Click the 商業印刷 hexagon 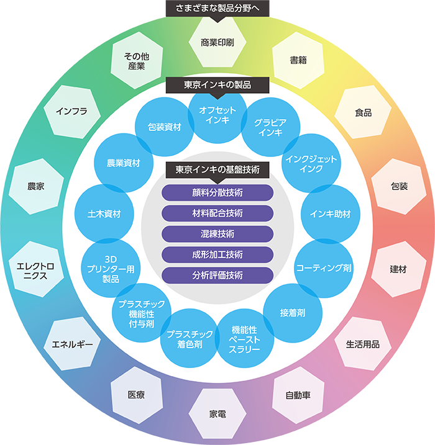(217, 42)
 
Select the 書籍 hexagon (298, 60)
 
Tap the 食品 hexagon (363, 112)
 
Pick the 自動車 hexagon (298, 395)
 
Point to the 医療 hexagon (137, 395)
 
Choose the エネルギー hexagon (72, 344)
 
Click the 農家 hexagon (36, 186)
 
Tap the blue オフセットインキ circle (217, 115)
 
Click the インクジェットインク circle (311, 163)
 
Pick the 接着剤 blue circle (293, 313)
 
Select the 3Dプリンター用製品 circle (111, 268)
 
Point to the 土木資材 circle (104, 214)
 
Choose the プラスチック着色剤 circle (190, 339)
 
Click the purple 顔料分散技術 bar (217, 192)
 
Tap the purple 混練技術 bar (217, 234)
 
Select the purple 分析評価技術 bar (217, 276)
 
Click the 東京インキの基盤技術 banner (217, 170)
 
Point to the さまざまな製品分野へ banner (217, 9)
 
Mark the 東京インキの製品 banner (217, 85)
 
